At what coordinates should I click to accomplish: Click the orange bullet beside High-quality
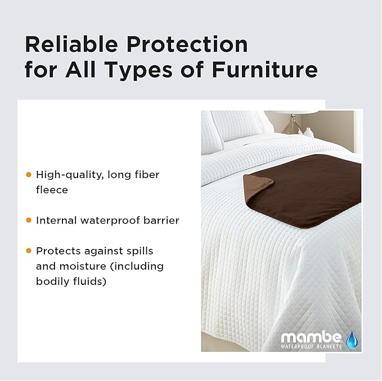28,175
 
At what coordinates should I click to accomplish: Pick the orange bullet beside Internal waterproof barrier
28,220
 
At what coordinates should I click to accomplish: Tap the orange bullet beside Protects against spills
28,251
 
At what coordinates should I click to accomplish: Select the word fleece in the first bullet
52,190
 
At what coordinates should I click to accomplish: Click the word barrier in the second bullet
162,220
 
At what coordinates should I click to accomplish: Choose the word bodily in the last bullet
53,281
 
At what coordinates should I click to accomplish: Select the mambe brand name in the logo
311,338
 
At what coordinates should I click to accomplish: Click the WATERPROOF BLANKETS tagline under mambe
311,347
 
